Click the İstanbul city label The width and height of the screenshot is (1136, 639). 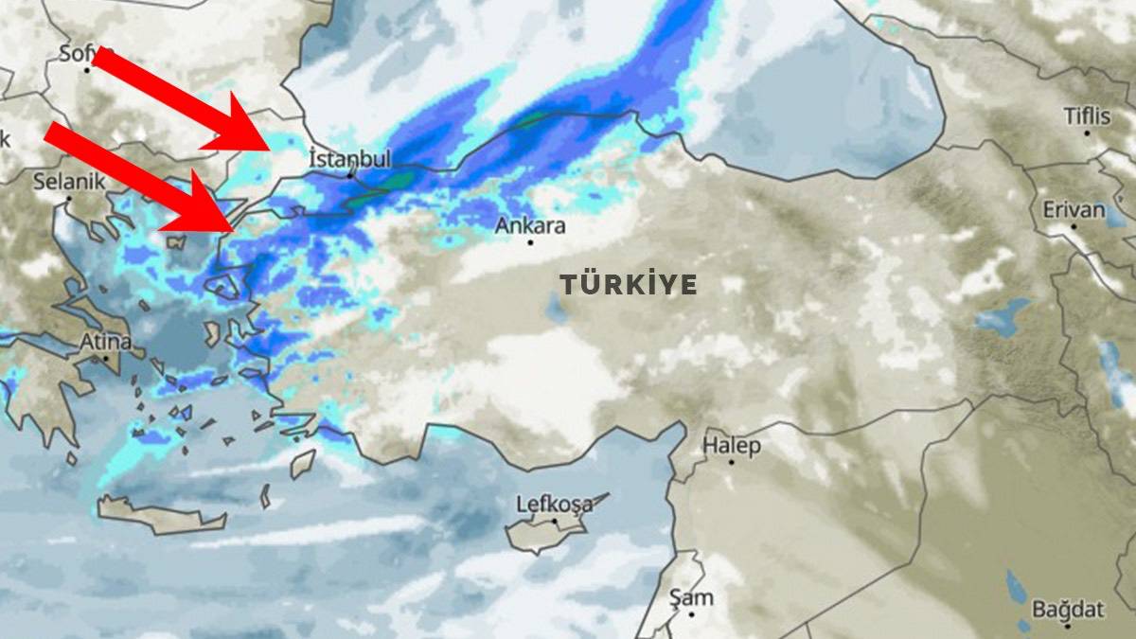(349, 158)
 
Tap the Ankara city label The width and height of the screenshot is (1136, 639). (530, 226)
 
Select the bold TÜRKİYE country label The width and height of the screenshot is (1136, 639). (628, 284)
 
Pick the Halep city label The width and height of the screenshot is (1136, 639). (731, 445)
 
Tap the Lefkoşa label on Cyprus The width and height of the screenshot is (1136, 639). (554, 503)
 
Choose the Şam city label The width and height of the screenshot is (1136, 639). (691, 597)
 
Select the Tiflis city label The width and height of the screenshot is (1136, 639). (1087, 115)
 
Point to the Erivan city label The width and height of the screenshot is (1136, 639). (1074, 209)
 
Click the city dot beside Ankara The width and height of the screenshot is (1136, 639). (530, 242)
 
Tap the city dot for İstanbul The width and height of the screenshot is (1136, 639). (350, 174)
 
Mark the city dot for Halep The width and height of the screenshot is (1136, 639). (731, 462)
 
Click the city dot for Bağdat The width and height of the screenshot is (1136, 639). (1067, 625)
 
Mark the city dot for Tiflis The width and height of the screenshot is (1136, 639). (1087, 133)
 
